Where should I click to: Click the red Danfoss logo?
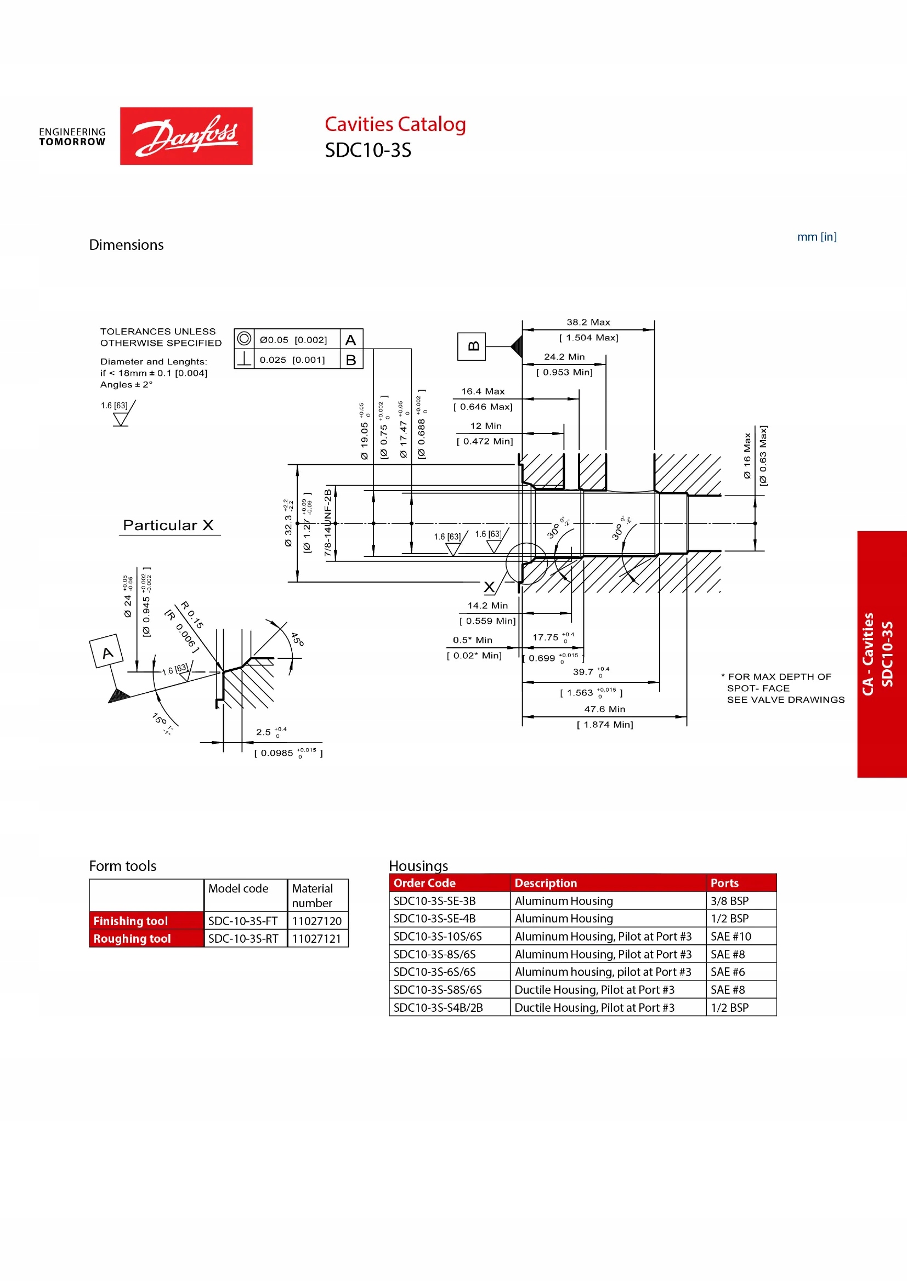tap(186, 136)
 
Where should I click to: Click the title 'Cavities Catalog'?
tap(395, 124)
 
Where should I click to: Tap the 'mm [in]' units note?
tap(816, 237)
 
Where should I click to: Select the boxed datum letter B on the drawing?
tap(472, 346)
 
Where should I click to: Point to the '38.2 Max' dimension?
tap(588, 322)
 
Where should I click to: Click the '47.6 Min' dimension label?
tap(604, 709)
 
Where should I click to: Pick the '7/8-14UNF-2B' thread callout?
tap(328, 523)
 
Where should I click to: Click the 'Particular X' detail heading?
tap(168, 525)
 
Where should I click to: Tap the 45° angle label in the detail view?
tap(297, 639)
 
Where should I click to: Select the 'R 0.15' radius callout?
tap(192, 615)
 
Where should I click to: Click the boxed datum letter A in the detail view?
tap(107, 652)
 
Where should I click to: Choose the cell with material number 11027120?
tap(316, 921)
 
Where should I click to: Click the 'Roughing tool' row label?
tap(132, 938)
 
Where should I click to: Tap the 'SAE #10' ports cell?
tap(730, 936)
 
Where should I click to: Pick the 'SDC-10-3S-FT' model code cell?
tap(243, 921)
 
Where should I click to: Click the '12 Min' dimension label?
tap(485, 426)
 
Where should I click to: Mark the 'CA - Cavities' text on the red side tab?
tap(868, 654)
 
